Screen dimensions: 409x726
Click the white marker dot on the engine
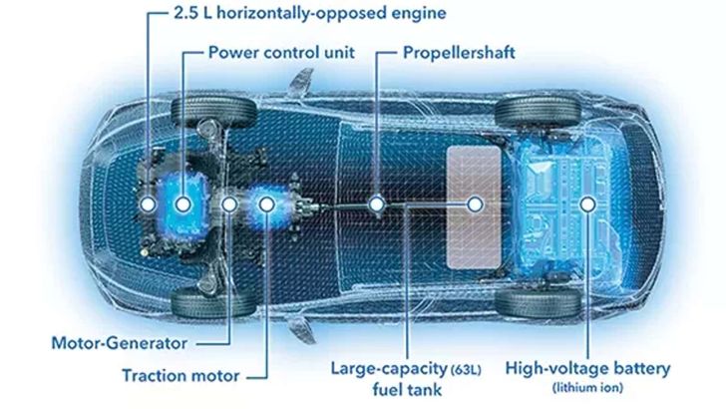tap(150, 204)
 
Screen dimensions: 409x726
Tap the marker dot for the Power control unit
tap(184, 204)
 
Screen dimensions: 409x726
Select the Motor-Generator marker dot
tap(229, 204)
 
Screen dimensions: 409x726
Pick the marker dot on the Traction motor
tap(267, 204)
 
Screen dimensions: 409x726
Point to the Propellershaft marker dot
tap(376, 204)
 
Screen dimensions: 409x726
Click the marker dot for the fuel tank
tap(475, 204)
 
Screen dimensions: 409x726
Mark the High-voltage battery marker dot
tap(588, 204)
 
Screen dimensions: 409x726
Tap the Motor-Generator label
tap(120, 343)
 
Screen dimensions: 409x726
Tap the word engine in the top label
tap(391, 14)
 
